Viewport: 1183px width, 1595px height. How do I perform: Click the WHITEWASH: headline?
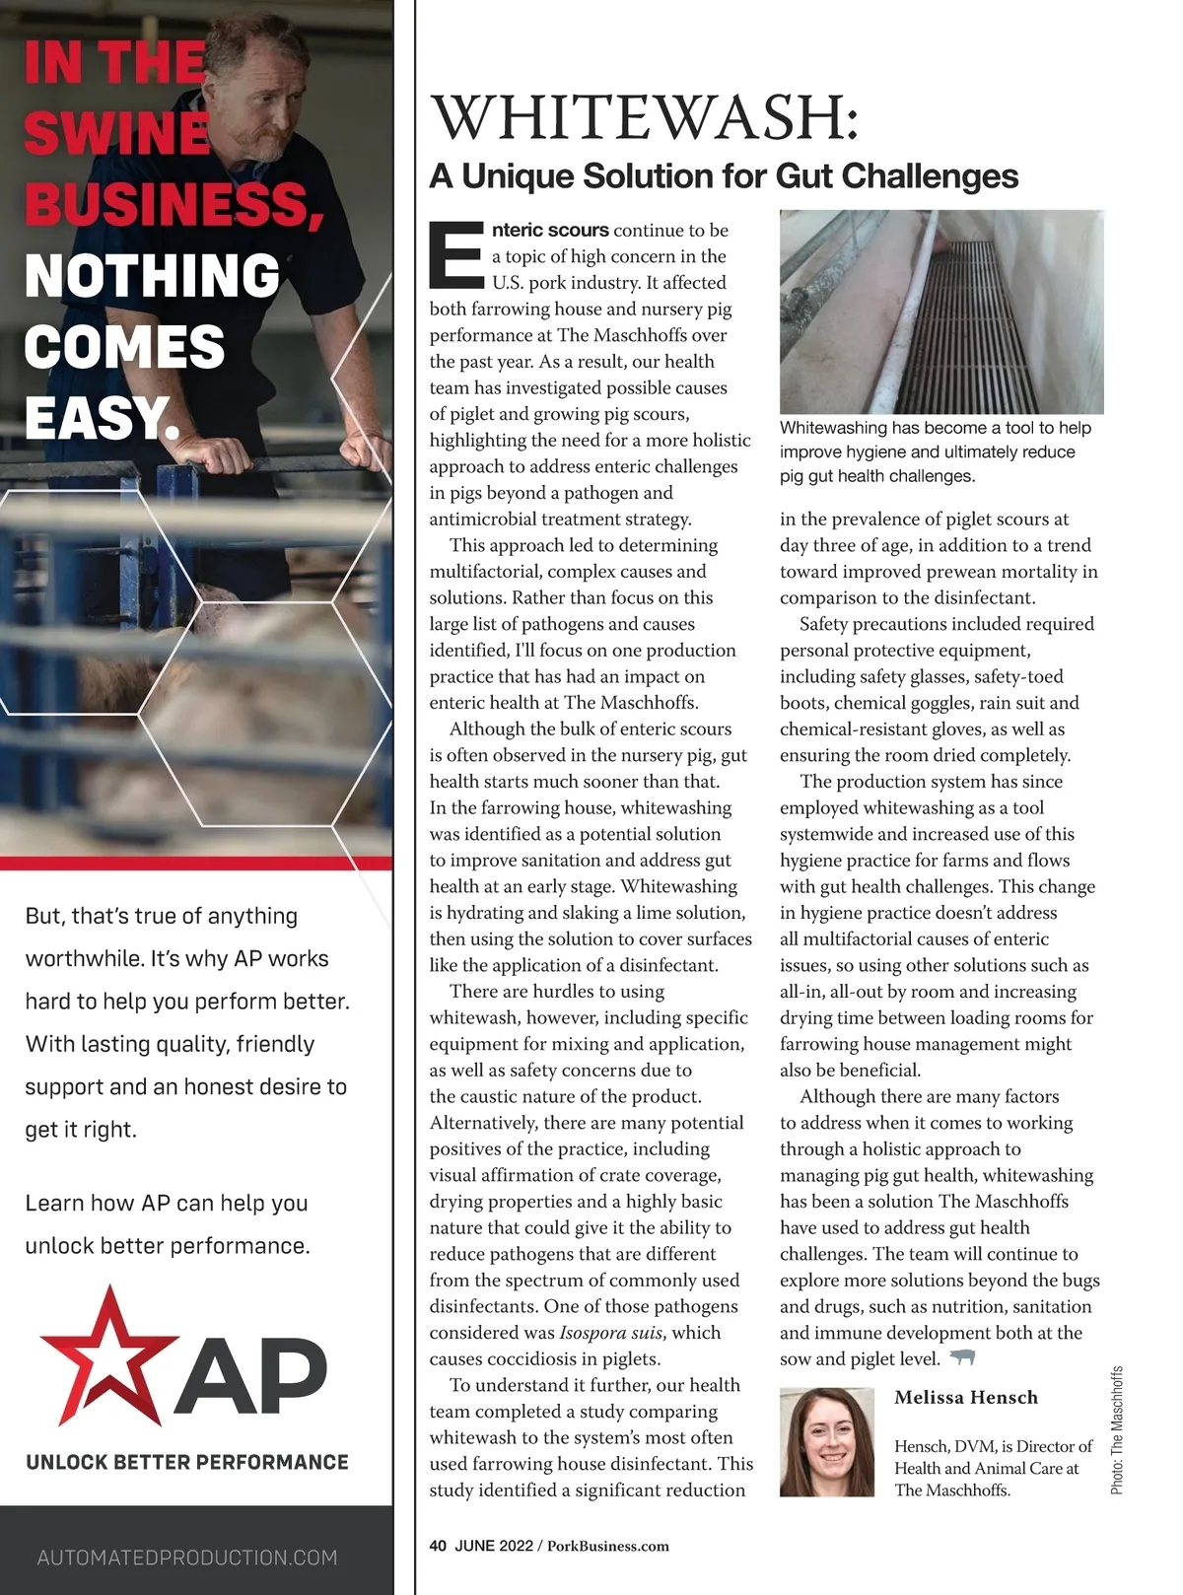pos(646,117)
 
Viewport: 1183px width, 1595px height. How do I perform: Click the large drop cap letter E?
pos(456,253)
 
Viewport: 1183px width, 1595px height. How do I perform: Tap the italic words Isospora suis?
pos(610,1333)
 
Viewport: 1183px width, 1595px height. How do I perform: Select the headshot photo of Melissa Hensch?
pos(826,1442)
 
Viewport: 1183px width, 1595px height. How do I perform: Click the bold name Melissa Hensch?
pos(965,1397)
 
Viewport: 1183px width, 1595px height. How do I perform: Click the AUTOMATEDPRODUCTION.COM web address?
pos(187,1558)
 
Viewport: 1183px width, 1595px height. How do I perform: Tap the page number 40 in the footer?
pos(438,1546)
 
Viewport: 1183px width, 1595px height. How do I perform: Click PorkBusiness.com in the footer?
pos(607,1546)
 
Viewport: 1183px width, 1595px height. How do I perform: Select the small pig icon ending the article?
pos(961,1358)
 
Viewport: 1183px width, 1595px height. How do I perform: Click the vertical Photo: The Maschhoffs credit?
pos(1117,1429)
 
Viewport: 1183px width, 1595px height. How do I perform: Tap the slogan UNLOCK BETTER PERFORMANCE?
pos(187,1462)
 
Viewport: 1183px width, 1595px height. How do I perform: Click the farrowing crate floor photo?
pos(941,312)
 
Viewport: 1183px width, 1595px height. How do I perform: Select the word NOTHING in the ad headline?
pos(153,275)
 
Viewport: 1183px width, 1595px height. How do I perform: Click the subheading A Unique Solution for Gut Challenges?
pos(724,176)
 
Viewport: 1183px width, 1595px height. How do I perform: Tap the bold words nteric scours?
pos(550,230)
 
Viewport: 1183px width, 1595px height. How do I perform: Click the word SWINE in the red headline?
pos(116,133)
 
